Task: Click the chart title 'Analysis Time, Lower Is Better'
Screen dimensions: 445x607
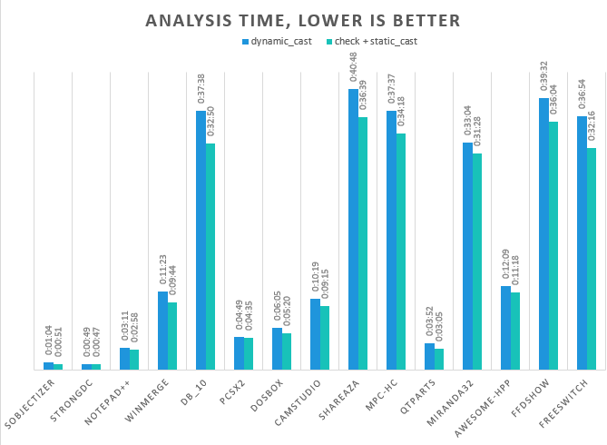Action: pos(303,20)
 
